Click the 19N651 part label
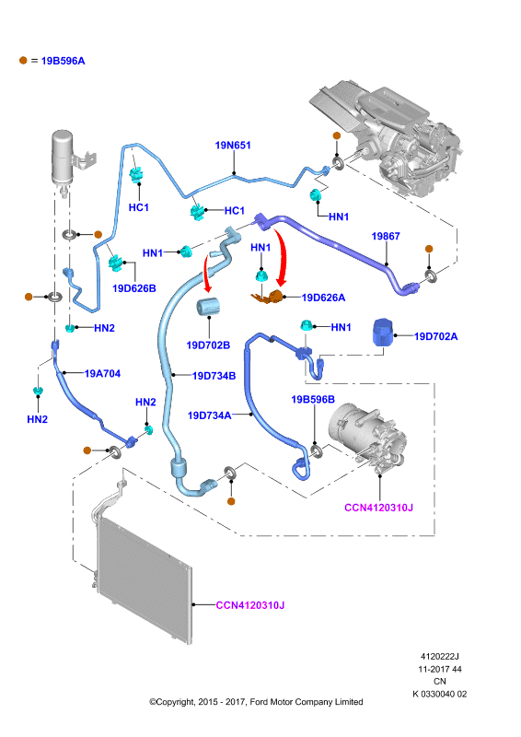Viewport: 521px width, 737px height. (233, 146)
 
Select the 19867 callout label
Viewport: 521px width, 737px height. (386, 236)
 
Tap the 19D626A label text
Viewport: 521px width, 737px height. (323, 298)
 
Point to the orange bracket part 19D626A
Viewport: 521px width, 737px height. (269, 297)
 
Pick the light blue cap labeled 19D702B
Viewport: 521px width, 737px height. (208, 307)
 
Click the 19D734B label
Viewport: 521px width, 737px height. (214, 376)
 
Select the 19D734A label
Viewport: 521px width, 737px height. (210, 415)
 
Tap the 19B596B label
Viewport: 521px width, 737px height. (313, 400)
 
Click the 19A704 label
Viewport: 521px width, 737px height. (102, 374)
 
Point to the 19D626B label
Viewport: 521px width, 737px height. (134, 288)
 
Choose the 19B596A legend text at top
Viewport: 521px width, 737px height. (63, 61)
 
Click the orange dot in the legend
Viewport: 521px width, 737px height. (23, 60)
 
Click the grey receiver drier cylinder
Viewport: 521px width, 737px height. (62, 158)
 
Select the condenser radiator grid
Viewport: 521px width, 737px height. (144, 580)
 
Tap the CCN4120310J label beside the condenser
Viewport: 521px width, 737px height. (250, 605)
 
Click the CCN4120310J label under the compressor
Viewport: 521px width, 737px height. (378, 508)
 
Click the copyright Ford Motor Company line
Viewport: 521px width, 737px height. (256, 702)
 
